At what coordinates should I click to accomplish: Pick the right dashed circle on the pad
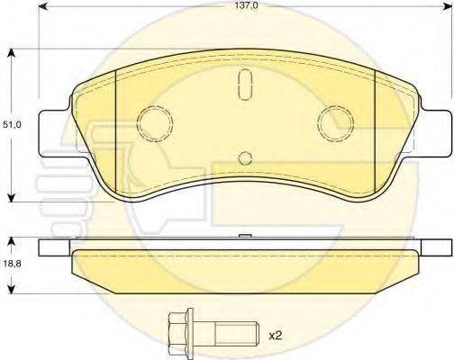pyautogui.click(x=338, y=120)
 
